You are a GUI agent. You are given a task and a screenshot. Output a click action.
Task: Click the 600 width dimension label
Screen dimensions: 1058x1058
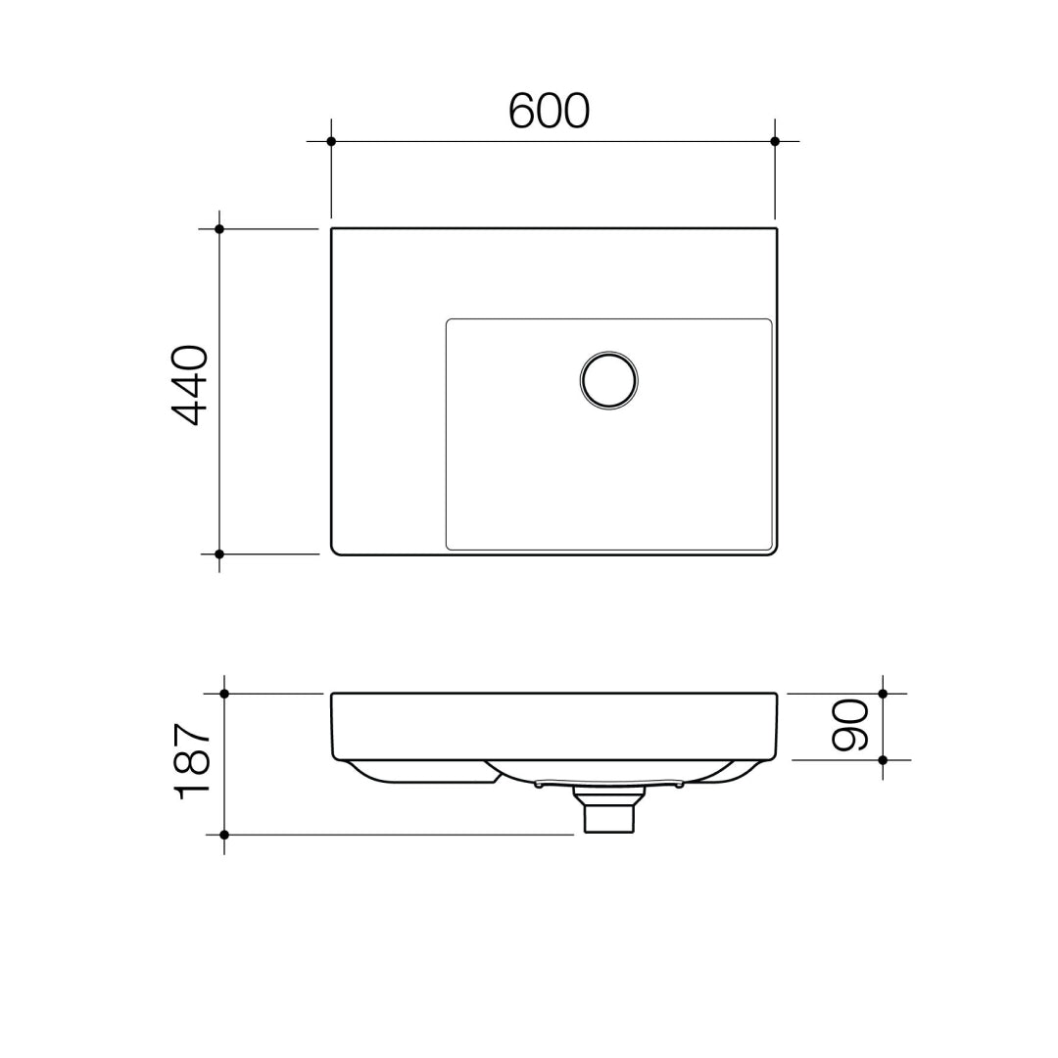pyautogui.click(x=549, y=112)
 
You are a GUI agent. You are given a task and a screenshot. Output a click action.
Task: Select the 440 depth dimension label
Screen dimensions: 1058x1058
pyautogui.click(x=190, y=385)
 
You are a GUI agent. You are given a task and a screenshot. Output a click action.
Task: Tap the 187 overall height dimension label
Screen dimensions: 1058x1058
pyautogui.click(x=192, y=762)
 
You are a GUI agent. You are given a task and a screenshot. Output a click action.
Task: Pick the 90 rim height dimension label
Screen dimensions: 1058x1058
pyautogui.click(x=849, y=725)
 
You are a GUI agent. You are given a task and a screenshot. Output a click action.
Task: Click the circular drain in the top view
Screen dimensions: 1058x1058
pyautogui.click(x=608, y=379)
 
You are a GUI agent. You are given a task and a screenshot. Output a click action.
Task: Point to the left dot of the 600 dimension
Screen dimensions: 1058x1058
pyautogui.click(x=331, y=141)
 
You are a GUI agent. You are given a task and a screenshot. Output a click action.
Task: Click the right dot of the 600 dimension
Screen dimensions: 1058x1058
pyautogui.click(x=775, y=141)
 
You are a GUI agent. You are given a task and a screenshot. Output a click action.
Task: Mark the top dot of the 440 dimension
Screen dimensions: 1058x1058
pyautogui.click(x=219, y=229)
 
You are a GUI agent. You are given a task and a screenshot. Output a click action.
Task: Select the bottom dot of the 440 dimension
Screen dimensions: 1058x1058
pyautogui.click(x=219, y=554)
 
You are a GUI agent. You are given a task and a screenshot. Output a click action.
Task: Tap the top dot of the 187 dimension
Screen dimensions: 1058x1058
pyautogui.click(x=224, y=694)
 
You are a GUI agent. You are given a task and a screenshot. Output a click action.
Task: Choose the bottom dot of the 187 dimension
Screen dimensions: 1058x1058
pyautogui.click(x=224, y=835)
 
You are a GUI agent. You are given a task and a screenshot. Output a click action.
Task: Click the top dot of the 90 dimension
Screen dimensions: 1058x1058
pyautogui.click(x=883, y=694)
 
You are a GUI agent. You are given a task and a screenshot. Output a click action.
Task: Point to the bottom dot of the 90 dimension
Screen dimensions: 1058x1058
pyautogui.click(x=883, y=760)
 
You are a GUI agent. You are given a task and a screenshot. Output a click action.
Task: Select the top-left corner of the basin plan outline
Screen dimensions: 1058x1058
pyautogui.click(x=333, y=230)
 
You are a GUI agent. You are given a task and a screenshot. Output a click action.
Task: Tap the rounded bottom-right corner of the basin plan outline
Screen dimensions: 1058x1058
pyautogui.click(x=774, y=552)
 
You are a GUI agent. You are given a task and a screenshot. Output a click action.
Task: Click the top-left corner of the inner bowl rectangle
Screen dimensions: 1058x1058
pyautogui.click(x=449, y=321)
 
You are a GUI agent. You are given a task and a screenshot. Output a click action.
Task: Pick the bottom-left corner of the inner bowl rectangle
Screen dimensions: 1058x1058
pyautogui.click(x=449, y=547)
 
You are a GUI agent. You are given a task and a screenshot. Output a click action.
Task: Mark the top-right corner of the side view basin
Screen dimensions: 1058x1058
pyautogui.click(x=775, y=696)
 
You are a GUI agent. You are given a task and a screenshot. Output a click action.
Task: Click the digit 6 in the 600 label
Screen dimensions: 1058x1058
pyautogui.click(x=521, y=112)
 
